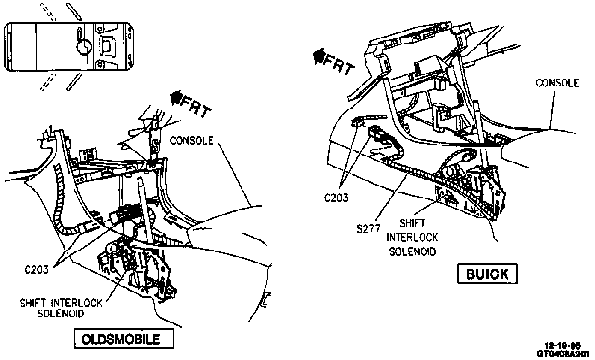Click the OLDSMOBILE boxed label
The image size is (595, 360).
pos(124,339)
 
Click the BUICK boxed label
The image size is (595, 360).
pos(487,274)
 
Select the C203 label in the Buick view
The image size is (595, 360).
pos(336,198)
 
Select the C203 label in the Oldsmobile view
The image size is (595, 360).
pos(36,270)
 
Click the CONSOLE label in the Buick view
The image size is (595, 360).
pos(557,83)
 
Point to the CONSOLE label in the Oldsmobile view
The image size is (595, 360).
pos(191,140)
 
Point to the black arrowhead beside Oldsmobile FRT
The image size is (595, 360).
pos(175,99)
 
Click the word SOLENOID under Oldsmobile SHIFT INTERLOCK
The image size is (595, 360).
pos(60,313)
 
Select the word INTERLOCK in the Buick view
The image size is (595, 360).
pos(413,237)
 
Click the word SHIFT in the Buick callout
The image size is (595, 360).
pos(412,223)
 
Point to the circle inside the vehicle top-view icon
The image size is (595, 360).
pos(84,47)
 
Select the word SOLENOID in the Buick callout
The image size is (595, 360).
pos(412,251)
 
